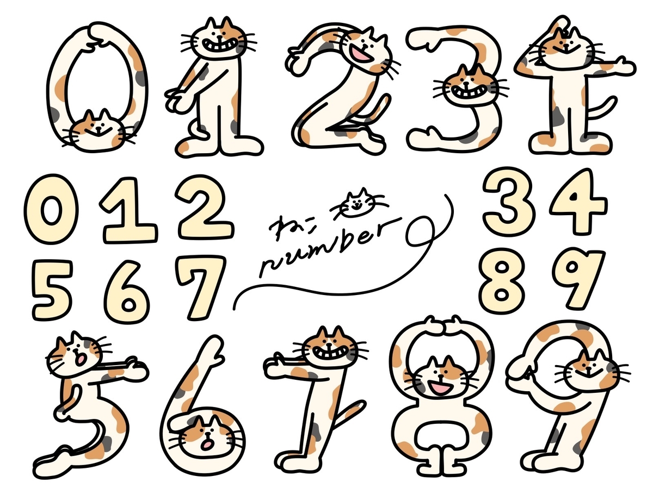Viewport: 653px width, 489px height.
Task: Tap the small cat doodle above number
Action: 359,203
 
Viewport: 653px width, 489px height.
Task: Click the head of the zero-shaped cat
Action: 98,130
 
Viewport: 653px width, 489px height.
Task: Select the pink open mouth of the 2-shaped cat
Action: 361,53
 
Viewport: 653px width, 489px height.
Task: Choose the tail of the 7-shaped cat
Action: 347,414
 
